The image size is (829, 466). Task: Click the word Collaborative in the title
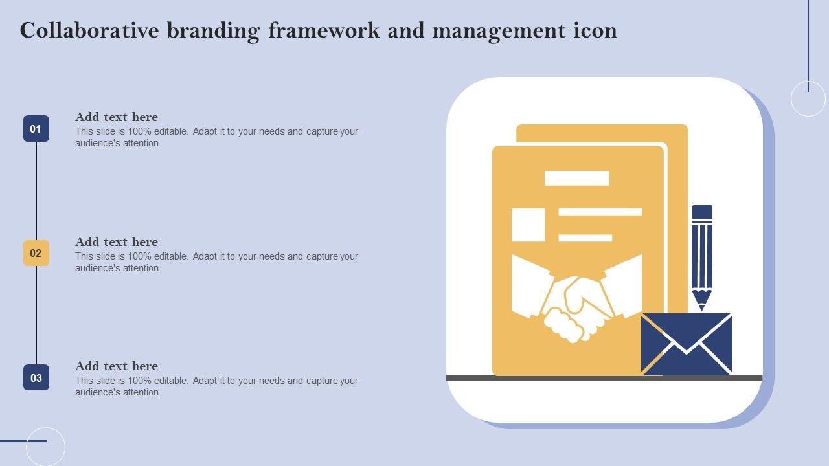pos(89,30)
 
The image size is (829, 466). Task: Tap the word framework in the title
pos(324,30)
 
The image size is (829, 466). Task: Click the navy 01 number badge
pos(36,128)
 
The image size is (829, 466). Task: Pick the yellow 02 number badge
pos(36,253)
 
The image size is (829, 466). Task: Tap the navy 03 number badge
pos(36,377)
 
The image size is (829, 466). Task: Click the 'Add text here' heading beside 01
pos(117,117)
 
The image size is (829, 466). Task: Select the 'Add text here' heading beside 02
pos(117,242)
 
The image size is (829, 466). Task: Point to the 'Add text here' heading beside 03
pos(117,366)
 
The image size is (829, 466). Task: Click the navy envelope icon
pos(686,344)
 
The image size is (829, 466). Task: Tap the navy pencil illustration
pos(702,258)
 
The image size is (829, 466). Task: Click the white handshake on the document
pos(576,298)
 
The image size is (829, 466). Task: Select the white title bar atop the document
pos(576,178)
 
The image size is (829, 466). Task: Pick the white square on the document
pos(528,225)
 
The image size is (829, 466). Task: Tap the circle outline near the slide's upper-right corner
pos(791,99)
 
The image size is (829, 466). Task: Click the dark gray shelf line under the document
pos(604,377)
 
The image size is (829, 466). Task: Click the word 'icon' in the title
pos(595,30)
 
